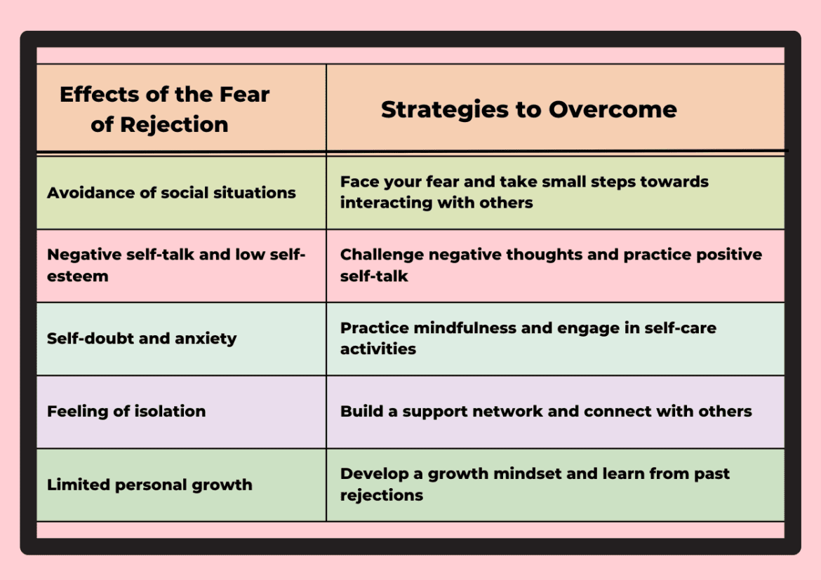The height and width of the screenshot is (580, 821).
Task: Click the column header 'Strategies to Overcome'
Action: (528, 109)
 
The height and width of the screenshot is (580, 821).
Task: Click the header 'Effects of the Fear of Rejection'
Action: (164, 109)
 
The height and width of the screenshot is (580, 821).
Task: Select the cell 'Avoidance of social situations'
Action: (171, 193)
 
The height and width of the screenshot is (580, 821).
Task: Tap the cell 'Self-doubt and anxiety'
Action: (142, 338)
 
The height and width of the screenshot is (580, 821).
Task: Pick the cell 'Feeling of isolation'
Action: (126, 411)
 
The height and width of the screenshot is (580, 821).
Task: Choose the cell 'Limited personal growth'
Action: (149, 485)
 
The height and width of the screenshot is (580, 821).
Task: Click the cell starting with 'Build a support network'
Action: (546, 411)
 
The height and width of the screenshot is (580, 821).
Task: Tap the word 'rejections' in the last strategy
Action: (382, 495)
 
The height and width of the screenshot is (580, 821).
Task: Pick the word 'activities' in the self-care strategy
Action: (378, 349)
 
